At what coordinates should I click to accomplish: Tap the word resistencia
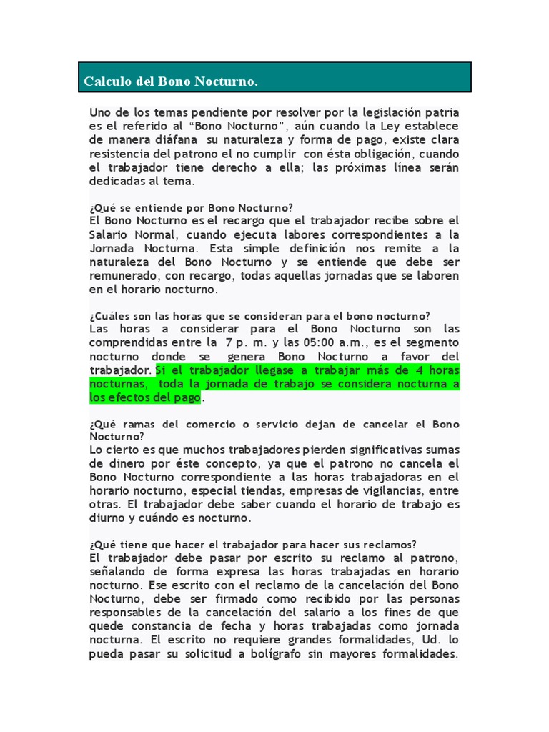pos(123,153)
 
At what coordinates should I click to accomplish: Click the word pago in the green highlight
pos(187,397)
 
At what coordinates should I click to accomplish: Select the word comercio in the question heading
pos(217,424)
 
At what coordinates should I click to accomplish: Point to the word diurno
pos(109,519)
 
